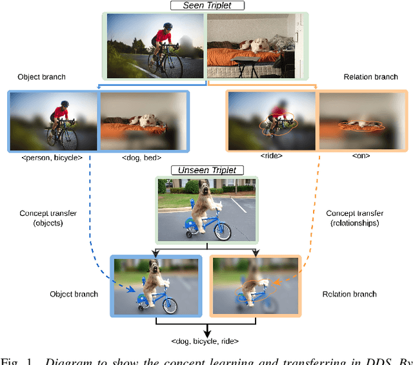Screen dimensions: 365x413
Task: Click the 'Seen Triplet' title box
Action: point(206,6)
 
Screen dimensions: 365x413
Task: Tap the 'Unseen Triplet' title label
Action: point(207,171)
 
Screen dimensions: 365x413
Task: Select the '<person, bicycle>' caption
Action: point(52,157)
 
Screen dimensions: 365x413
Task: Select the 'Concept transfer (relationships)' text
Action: point(356,218)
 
